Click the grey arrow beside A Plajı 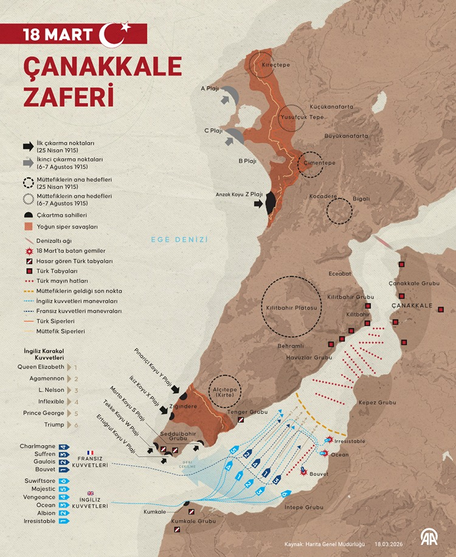point(229,95)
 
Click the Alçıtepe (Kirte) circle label point(226,392)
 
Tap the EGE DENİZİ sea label point(179,240)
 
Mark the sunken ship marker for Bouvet point(304,470)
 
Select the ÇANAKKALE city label point(412,305)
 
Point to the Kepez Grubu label point(378,403)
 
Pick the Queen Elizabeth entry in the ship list point(41,367)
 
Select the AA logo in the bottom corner point(430,536)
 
